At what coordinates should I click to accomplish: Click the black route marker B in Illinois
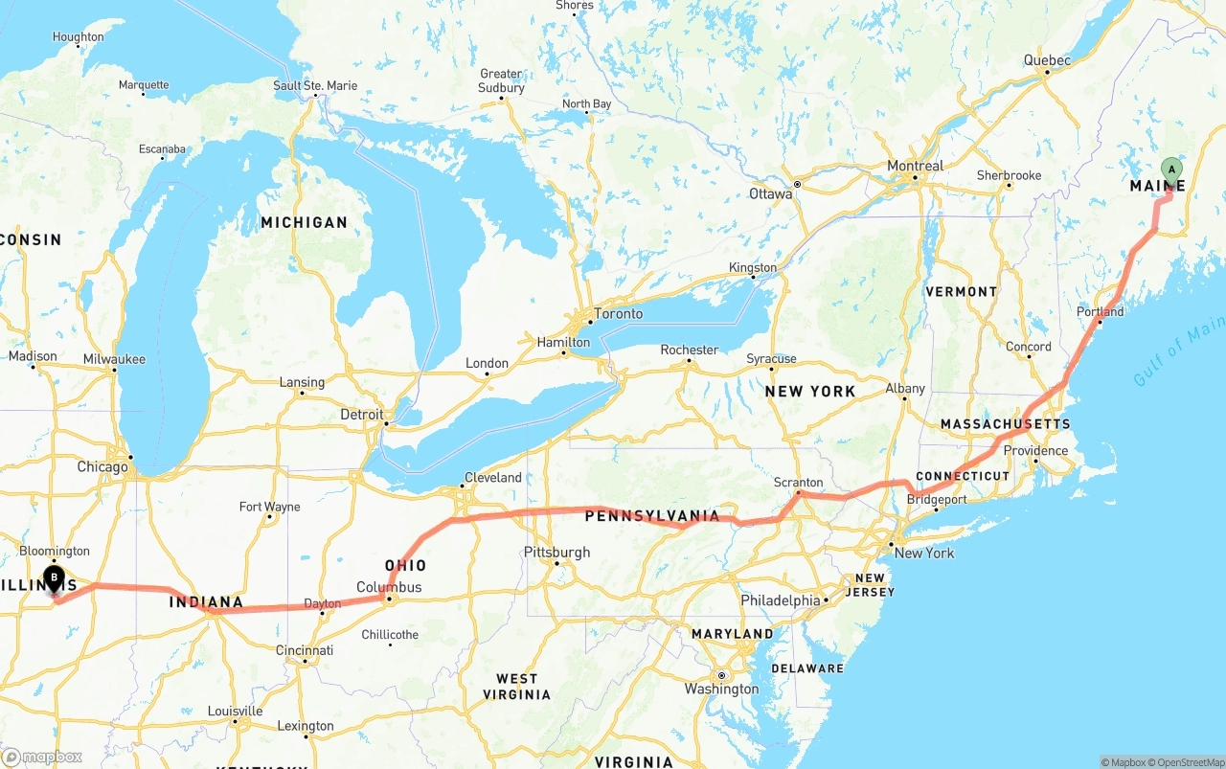click(55, 578)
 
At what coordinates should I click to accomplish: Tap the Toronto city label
click(618, 313)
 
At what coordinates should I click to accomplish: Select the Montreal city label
click(915, 166)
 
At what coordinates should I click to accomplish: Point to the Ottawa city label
click(770, 193)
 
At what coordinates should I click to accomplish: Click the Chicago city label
click(102, 467)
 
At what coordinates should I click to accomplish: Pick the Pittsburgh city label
click(556, 553)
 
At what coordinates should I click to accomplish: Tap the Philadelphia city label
click(780, 600)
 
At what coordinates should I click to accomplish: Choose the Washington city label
click(721, 690)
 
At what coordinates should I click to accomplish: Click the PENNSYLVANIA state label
click(651, 516)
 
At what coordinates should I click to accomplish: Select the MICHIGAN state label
click(304, 222)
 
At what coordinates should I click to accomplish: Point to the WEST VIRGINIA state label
click(517, 687)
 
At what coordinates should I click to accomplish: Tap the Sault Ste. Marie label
click(315, 85)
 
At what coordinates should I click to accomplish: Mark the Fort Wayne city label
click(269, 507)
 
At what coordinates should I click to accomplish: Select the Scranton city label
click(798, 483)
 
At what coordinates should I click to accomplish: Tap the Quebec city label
click(1046, 59)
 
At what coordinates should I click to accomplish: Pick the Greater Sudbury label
click(501, 80)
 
